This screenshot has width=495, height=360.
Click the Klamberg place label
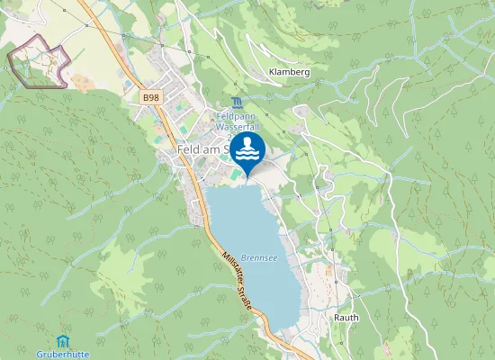289,71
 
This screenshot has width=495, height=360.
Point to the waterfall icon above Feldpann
236,102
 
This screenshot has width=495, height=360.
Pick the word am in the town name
214,149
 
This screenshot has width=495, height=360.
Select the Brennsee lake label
258,256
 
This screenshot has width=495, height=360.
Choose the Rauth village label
346,318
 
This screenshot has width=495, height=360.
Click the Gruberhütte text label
61,354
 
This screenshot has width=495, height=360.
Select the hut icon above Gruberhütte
61,341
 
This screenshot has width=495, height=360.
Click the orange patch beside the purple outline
80,82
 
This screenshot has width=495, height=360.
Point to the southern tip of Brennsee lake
288,328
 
